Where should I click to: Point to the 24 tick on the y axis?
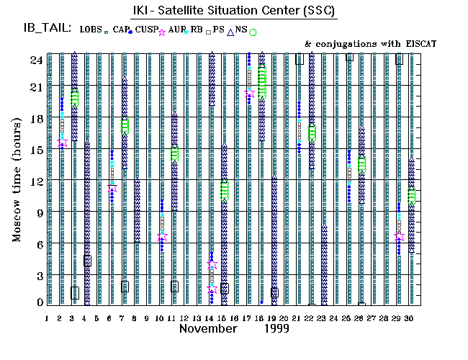click(34, 60)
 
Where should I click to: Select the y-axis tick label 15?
click(34, 150)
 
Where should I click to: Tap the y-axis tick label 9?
click(36, 213)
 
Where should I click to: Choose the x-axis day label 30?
click(410, 318)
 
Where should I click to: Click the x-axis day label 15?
click(224, 318)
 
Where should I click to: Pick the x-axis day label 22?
click(311, 318)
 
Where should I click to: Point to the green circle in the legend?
click(253, 32)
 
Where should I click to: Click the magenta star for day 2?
click(63, 143)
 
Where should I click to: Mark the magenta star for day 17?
click(250, 94)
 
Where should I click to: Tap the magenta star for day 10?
click(162, 237)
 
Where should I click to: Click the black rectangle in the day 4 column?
click(87, 261)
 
